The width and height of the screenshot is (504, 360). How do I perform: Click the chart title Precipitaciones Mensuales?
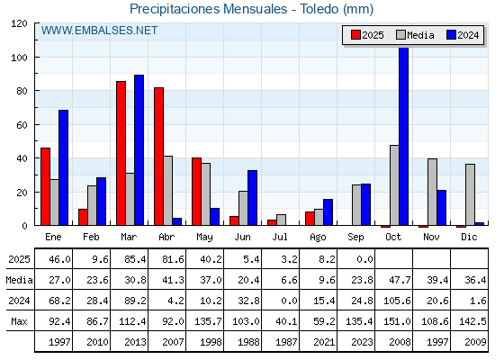pos(208,9)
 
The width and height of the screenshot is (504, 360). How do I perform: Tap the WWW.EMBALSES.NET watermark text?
pos(99,31)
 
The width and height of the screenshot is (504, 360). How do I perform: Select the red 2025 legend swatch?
pos(355,35)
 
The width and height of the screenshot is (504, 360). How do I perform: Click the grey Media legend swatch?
pos(401,35)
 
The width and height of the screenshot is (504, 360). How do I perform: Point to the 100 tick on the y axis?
pos(19,58)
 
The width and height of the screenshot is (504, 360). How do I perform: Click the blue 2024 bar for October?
pos(404,136)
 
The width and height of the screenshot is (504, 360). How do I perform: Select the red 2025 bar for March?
pos(121,153)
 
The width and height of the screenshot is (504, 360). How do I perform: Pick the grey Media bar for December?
pos(470,194)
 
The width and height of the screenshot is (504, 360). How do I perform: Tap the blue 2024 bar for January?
pos(63,167)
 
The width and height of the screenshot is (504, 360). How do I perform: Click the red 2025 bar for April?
pos(158,157)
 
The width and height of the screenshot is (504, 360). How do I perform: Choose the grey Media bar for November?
pos(432,192)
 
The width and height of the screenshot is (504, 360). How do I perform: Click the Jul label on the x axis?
pos(280,238)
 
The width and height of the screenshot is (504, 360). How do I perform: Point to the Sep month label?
pos(355,238)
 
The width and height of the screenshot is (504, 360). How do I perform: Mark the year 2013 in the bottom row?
pos(135,342)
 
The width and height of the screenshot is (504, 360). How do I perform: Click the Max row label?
pos(19,321)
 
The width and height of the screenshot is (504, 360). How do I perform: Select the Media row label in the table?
pos(19,280)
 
